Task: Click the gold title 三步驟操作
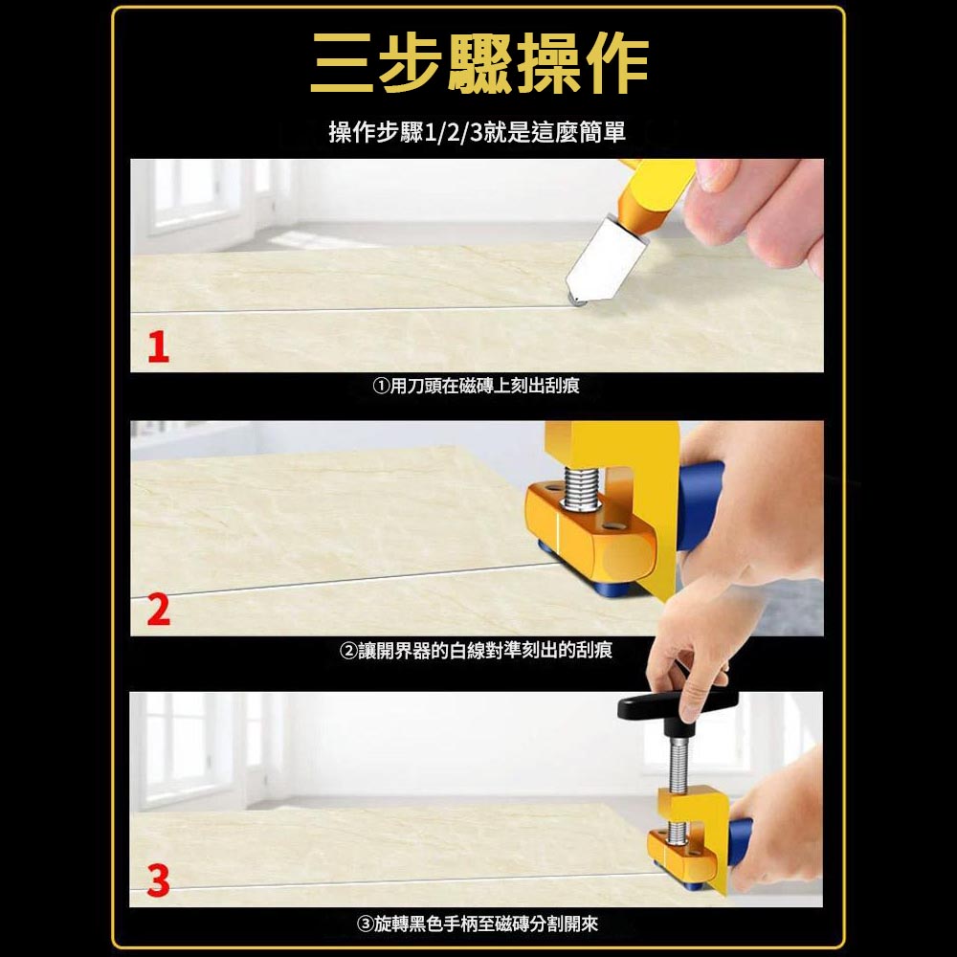click(x=478, y=65)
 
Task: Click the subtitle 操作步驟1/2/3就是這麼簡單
click(x=478, y=132)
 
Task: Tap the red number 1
click(x=159, y=347)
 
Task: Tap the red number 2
click(x=159, y=610)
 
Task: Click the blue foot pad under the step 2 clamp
click(x=603, y=584)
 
